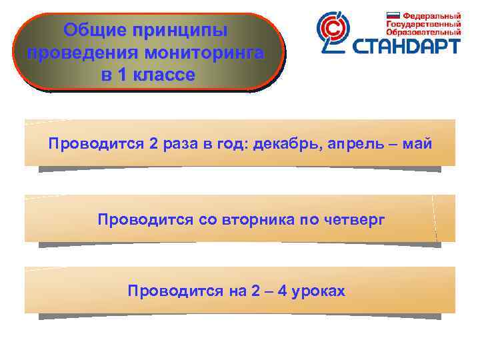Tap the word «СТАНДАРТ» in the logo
406,46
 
